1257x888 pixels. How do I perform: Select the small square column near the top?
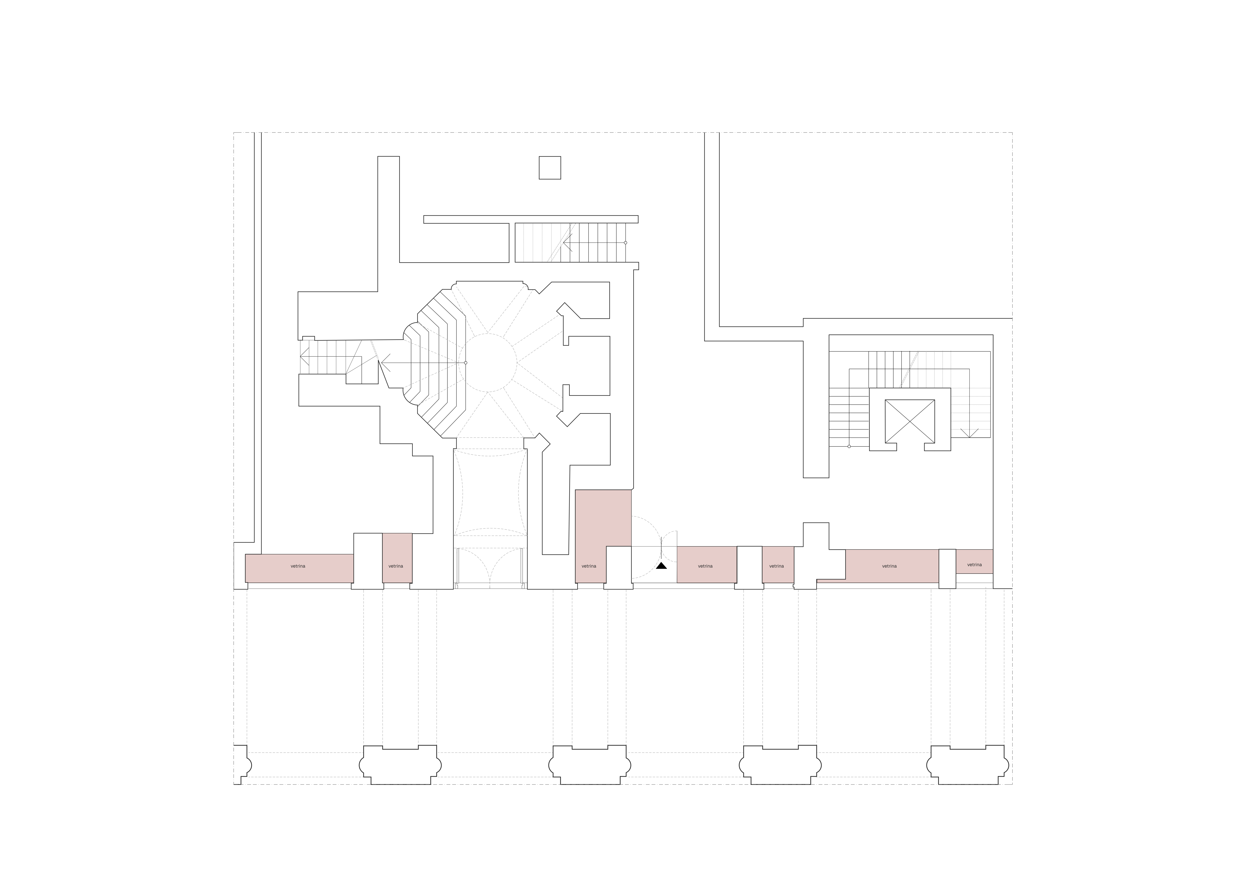coord(550,168)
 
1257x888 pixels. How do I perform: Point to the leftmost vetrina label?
coord(298,566)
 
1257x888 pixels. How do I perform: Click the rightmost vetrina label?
coord(975,564)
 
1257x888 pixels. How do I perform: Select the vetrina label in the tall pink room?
coord(589,566)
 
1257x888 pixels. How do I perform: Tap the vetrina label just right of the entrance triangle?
coord(705,566)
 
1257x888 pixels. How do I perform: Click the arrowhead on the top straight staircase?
coord(568,242)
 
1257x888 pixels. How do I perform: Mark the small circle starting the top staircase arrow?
coord(625,242)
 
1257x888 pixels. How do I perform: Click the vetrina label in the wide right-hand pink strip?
coord(889,566)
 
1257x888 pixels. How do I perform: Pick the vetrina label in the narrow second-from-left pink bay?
coord(396,566)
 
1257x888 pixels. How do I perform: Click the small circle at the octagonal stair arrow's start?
coord(465,363)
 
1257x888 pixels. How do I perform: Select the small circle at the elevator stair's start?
coord(849,446)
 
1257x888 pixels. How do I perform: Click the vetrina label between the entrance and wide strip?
coord(776,566)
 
